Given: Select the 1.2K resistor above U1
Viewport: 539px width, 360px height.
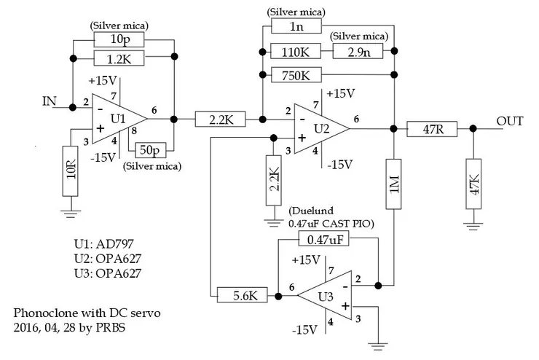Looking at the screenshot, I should pyautogui.click(x=120, y=59).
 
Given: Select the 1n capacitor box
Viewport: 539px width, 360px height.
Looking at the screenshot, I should pyautogui.click(x=295, y=26).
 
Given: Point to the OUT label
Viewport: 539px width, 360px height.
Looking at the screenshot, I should pyautogui.click(x=509, y=121).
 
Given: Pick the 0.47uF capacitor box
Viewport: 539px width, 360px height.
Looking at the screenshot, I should pyautogui.click(x=326, y=239).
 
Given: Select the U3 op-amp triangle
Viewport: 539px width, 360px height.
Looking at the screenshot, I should pyautogui.click(x=323, y=295).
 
